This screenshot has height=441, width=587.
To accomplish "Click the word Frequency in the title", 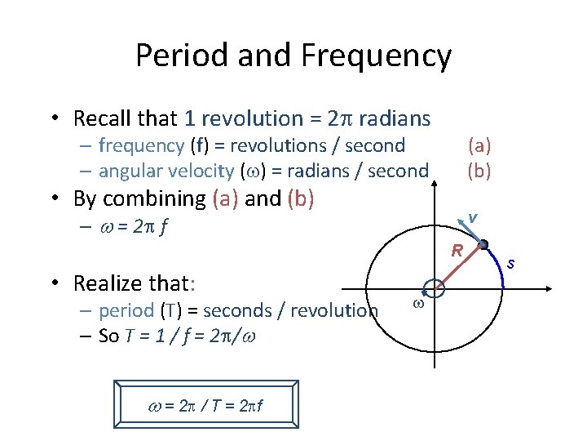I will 376,56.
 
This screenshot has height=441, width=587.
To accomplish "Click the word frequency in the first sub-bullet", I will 141,146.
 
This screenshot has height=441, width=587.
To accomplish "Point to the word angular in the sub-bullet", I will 130,171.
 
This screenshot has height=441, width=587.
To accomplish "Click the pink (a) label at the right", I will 479,146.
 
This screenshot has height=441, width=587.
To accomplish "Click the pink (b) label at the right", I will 479,171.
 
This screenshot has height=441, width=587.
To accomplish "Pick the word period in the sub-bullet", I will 126,310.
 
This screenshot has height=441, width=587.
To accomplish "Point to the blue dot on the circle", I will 483,244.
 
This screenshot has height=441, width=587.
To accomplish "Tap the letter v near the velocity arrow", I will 471,217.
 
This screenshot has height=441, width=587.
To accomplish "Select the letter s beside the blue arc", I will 510,263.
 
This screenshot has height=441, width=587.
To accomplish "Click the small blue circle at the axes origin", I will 434,288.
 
